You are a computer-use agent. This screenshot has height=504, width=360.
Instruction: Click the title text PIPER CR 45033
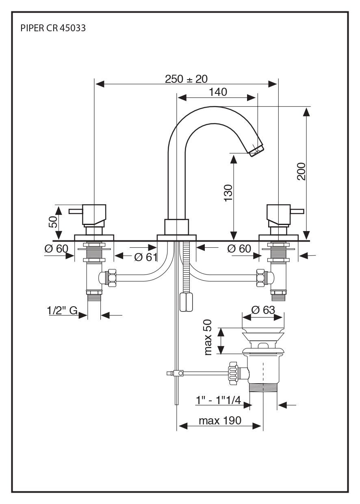point(53,28)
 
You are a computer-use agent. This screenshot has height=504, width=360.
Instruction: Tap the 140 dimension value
point(218,92)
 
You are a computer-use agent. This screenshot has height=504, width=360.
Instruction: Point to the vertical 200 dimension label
point(301,171)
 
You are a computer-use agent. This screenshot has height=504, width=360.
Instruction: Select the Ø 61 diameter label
point(145,257)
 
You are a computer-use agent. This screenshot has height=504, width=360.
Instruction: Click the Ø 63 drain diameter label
point(263,310)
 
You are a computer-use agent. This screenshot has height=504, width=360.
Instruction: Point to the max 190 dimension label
point(220,420)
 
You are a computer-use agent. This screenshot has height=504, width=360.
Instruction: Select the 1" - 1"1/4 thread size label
point(218,400)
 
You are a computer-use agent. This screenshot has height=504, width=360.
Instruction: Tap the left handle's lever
point(76,211)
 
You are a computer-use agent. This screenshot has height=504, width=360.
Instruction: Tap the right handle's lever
point(297,211)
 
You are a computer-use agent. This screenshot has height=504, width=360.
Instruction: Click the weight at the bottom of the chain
point(187,302)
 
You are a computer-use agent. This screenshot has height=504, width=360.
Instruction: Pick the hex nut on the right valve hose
point(262,278)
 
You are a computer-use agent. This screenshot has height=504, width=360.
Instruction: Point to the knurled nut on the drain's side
point(232,372)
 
